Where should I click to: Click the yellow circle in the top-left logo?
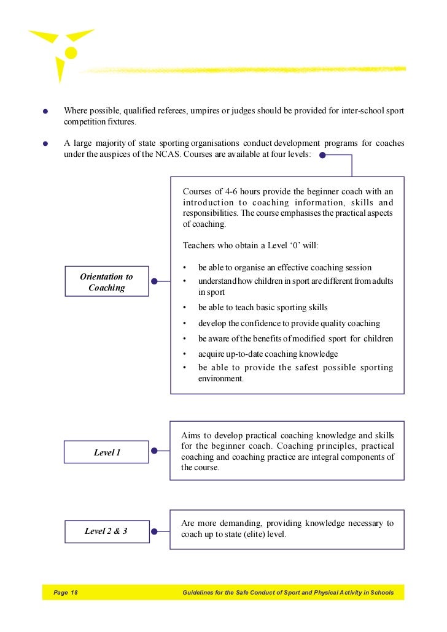71,53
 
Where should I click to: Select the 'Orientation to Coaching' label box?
107,282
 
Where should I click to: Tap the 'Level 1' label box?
107,452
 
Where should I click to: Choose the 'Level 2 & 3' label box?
107,531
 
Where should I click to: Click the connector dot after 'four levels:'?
322,155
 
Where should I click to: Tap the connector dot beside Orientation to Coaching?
155,282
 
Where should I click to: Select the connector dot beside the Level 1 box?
155,452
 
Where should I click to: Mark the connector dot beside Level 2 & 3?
155,531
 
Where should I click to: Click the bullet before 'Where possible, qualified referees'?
45,112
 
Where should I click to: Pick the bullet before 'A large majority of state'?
45,145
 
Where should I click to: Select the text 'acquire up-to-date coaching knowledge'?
268,354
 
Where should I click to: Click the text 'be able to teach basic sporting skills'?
262,308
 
